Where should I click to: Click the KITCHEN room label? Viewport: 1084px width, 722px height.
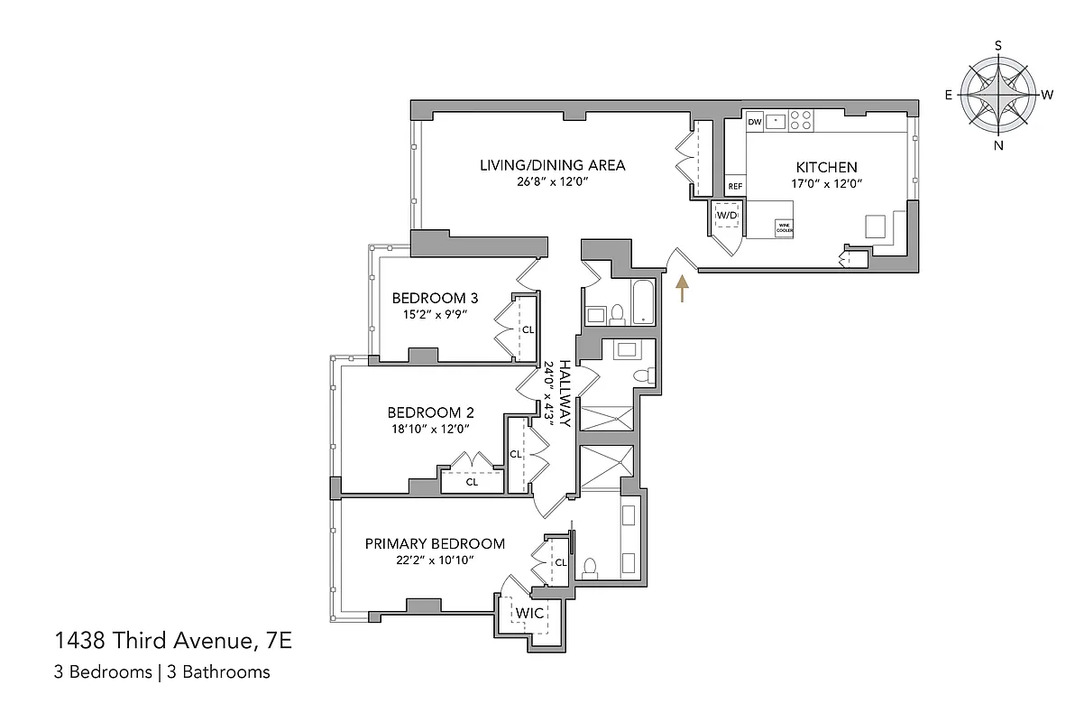coord(825,167)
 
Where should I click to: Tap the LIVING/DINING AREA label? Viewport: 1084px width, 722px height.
coord(552,165)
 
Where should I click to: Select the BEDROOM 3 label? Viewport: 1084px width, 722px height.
coord(435,299)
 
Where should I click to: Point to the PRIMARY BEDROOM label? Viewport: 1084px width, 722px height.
coord(435,543)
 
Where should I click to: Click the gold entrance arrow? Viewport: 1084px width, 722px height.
coord(683,288)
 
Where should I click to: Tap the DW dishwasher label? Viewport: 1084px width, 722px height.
coord(755,121)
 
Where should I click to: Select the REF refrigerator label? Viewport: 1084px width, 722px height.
coord(735,187)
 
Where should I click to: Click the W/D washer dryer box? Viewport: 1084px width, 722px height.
coord(727,216)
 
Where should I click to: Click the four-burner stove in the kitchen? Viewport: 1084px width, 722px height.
coord(801,121)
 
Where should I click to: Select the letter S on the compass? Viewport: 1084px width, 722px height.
coord(997,44)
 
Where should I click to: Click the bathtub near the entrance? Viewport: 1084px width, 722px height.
coord(642,302)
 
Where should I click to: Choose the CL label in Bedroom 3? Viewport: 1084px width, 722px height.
coord(528,329)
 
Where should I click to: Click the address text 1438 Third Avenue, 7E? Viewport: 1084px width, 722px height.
coord(174,642)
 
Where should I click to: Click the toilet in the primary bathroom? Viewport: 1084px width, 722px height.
coord(590,568)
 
